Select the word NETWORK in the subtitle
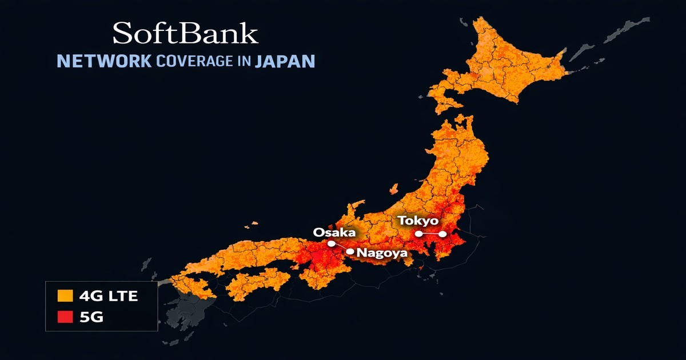(103, 61)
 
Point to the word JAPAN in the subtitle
(284, 61)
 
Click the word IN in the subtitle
(243, 61)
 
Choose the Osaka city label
(334, 232)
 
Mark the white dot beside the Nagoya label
(350, 251)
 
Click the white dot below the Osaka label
(331, 243)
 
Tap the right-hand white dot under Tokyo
(442, 234)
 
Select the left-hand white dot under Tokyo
(419, 234)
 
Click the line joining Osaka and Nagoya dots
(341, 247)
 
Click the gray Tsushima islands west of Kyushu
(146, 264)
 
